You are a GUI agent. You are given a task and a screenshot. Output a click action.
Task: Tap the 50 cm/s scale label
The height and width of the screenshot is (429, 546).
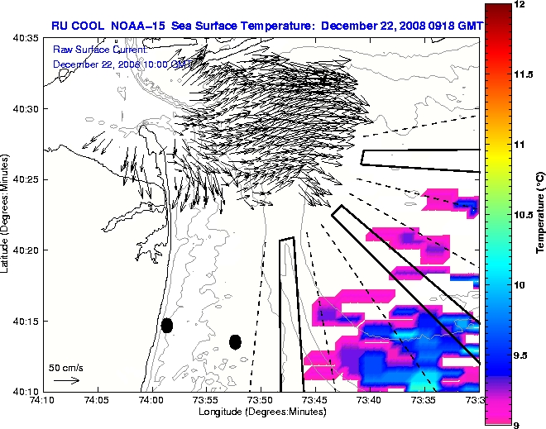tap(65, 367)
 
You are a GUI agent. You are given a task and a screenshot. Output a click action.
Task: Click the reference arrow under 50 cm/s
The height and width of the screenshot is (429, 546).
tap(66, 380)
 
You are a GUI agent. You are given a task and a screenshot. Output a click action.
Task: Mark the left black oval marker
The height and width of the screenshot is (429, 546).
tap(167, 325)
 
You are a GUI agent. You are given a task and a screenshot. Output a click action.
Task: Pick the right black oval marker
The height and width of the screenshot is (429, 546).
tap(235, 341)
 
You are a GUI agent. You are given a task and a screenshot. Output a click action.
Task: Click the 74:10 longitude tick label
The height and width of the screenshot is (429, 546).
tap(43, 399)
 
